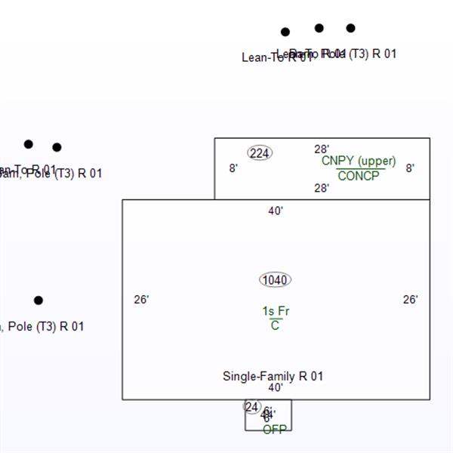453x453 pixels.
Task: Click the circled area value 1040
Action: pyautogui.click(x=275, y=280)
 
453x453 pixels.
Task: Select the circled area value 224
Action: pyautogui.click(x=260, y=153)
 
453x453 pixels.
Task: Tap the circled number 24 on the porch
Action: pyautogui.click(x=251, y=407)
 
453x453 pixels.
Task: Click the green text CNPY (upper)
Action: pyautogui.click(x=359, y=161)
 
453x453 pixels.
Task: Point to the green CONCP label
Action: pyautogui.click(x=359, y=176)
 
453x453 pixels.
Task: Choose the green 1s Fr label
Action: pyautogui.click(x=276, y=311)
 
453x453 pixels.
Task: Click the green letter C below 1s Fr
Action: pyautogui.click(x=275, y=325)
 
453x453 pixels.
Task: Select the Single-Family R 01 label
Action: pyautogui.click(x=273, y=376)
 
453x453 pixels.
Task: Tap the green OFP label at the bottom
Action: pyautogui.click(x=275, y=430)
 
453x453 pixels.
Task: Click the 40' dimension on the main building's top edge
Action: pyautogui.click(x=276, y=211)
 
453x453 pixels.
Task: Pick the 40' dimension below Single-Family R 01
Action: pyautogui.click(x=276, y=387)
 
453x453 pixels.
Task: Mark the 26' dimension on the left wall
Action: pyautogui.click(x=141, y=300)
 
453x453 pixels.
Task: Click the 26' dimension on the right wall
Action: pyautogui.click(x=410, y=300)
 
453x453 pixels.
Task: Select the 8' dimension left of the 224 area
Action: pyautogui.click(x=233, y=168)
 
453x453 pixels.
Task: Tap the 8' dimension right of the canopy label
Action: pyautogui.click(x=410, y=168)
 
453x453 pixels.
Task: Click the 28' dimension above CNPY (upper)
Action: pyautogui.click(x=322, y=149)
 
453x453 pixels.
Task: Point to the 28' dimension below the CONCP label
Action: pyautogui.click(x=322, y=188)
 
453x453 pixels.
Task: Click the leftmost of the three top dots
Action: pyautogui.click(x=285, y=32)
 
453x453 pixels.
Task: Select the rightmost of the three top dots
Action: pyautogui.click(x=351, y=28)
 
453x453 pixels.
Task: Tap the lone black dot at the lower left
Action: pyautogui.click(x=39, y=300)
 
